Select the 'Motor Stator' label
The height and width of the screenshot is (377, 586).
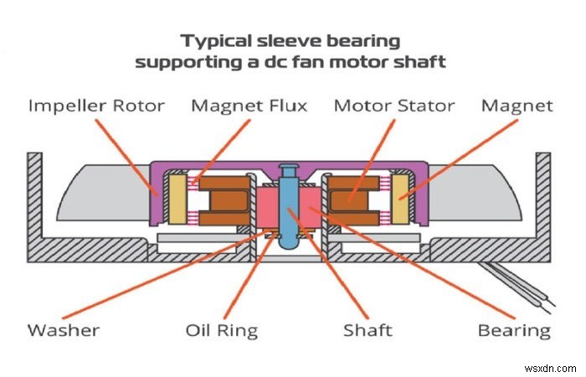click(393, 106)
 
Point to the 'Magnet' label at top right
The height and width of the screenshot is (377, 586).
click(517, 106)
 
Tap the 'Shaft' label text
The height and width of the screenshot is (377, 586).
click(368, 330)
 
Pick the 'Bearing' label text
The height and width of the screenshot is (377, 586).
click(514, 330)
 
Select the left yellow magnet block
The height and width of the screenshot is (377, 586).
click(177, 198)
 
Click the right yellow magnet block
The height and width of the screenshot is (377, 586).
click(401, 198)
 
